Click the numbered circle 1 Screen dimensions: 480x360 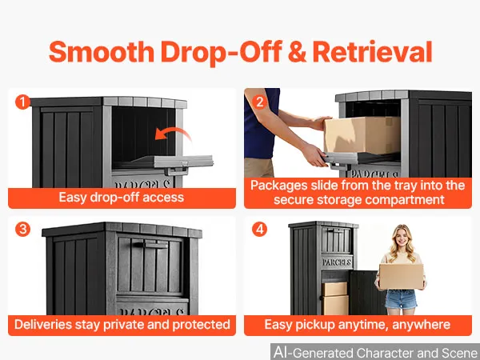22,102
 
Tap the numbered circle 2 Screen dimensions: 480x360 259,102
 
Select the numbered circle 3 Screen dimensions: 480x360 22,230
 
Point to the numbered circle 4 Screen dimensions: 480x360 259,230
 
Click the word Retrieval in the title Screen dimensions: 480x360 372,52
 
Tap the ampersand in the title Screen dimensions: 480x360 297,52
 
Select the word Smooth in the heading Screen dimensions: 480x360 102,52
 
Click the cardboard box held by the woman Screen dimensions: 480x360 401,277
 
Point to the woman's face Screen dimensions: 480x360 402,238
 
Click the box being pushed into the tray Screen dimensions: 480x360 362,134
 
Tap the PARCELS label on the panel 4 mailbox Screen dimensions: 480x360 337,262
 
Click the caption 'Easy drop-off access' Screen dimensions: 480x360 122,198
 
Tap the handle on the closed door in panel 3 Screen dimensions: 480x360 150,244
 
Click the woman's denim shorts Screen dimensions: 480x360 401,298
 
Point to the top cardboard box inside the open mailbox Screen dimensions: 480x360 334,289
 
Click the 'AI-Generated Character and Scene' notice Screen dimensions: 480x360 376,352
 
